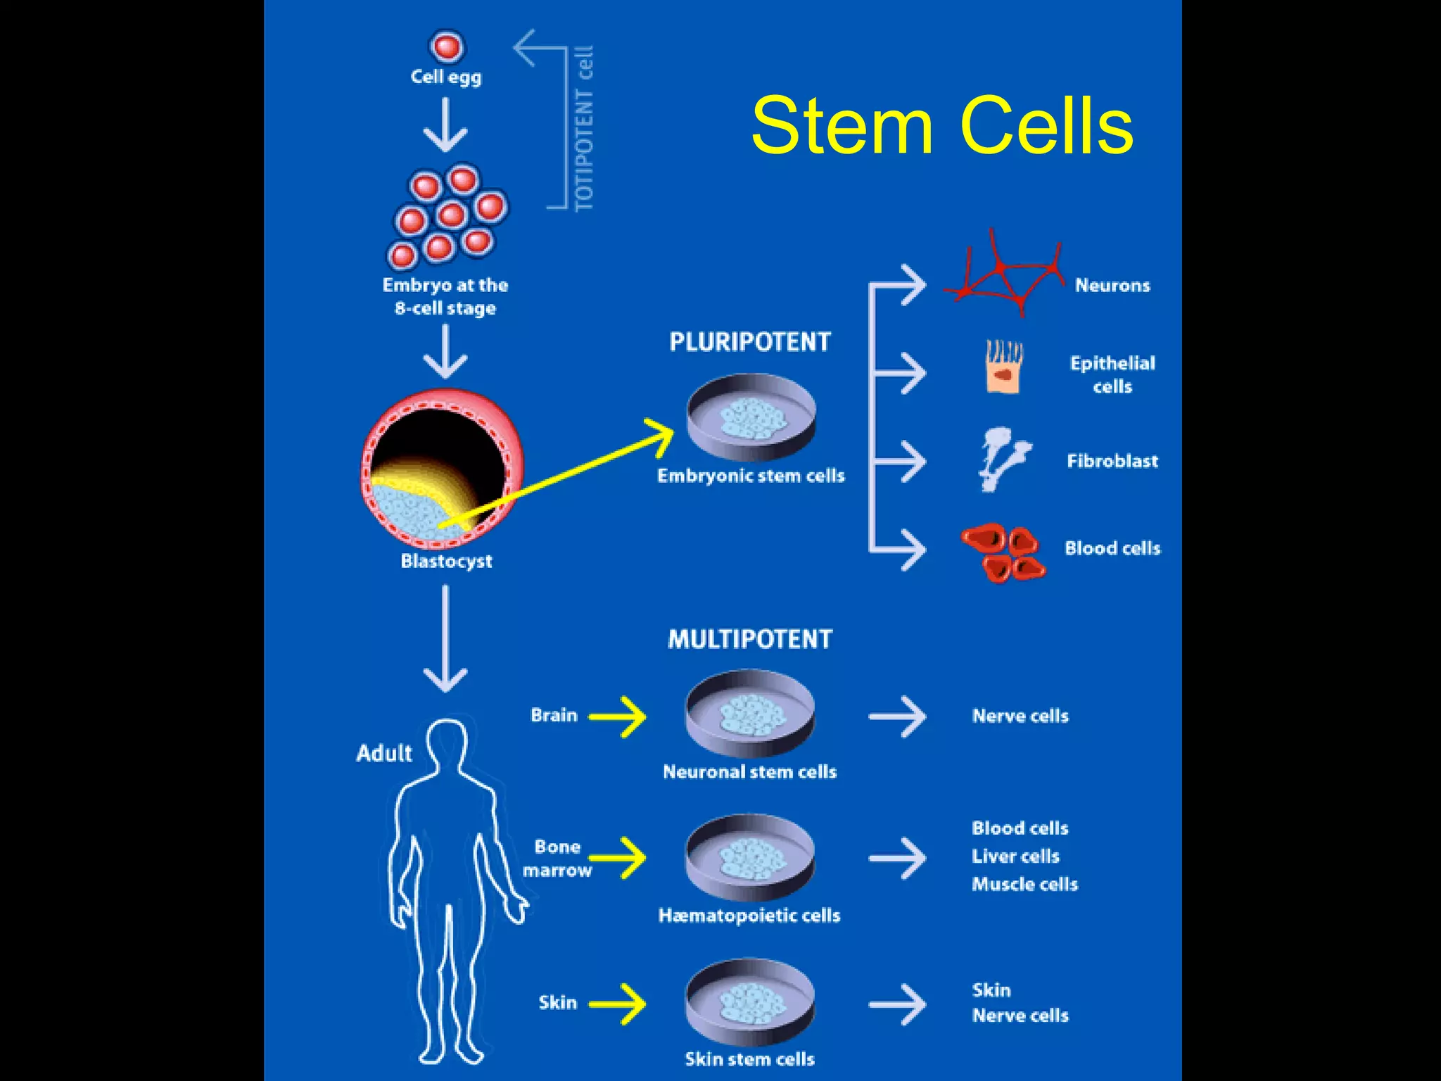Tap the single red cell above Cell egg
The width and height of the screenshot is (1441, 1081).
coord(447,47)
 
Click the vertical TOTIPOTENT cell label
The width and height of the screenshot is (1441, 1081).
coord(585,129)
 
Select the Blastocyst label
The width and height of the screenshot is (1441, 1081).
coord(446,561)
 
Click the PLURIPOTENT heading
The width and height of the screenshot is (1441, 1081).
coord(750,342)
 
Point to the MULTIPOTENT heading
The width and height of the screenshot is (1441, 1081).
coord(750,639)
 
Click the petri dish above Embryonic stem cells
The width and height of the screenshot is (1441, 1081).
coord(751,417)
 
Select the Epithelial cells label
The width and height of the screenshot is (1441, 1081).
coord(1112,374)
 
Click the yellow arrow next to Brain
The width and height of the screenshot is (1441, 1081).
coord(618,716)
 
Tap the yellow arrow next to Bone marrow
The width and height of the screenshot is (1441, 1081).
coord(618,858)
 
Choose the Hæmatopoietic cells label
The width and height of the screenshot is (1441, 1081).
coord(749,916)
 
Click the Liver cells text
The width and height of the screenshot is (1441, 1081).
coord(1015,856)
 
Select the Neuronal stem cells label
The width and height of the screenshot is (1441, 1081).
coord(750,772)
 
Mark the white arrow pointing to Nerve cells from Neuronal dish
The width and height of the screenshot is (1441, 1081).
coord(897,716)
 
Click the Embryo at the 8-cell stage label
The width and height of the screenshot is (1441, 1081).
coord(445,296)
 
